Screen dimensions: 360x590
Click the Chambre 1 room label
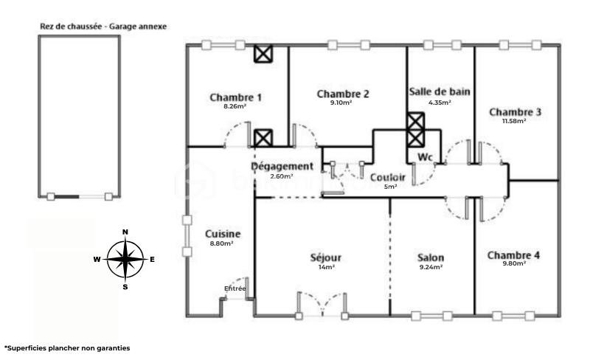pyautogui.click(x=235, y=97)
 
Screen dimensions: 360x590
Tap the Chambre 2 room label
pyautogui.click(x=343, y=94)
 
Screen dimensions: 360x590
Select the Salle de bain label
pyautogui.click(x=440, y=91)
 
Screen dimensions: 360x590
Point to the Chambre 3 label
pyautogui.click(x=515, y=112)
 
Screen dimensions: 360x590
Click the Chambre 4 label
pyautogui.click(x=513, y=255)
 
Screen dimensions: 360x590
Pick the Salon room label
pyautogui.click(x=431, y=257)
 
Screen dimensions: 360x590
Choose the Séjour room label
pyautogui.click(x=326, y=257)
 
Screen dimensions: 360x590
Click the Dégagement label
pyautogui.click(x=282, y=167)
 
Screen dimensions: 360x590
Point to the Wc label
pyautogui.click(x=425, y=157)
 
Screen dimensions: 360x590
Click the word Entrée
pyautogui.click(x=235, y=288)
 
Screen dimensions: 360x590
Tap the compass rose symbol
pyautogui.click(x=125, y=259)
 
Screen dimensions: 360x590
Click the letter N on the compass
pyautogui.click(x=125, y=232)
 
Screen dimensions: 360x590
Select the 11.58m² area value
pyautogui.click(x=514, y=122)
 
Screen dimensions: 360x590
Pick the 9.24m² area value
pyautogui.click(x=431, y=267)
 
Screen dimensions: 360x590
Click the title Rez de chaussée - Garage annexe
pyautogui.click(x=103, y=26)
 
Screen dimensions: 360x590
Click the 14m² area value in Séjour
pyautogui.click(x=326, y=267)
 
